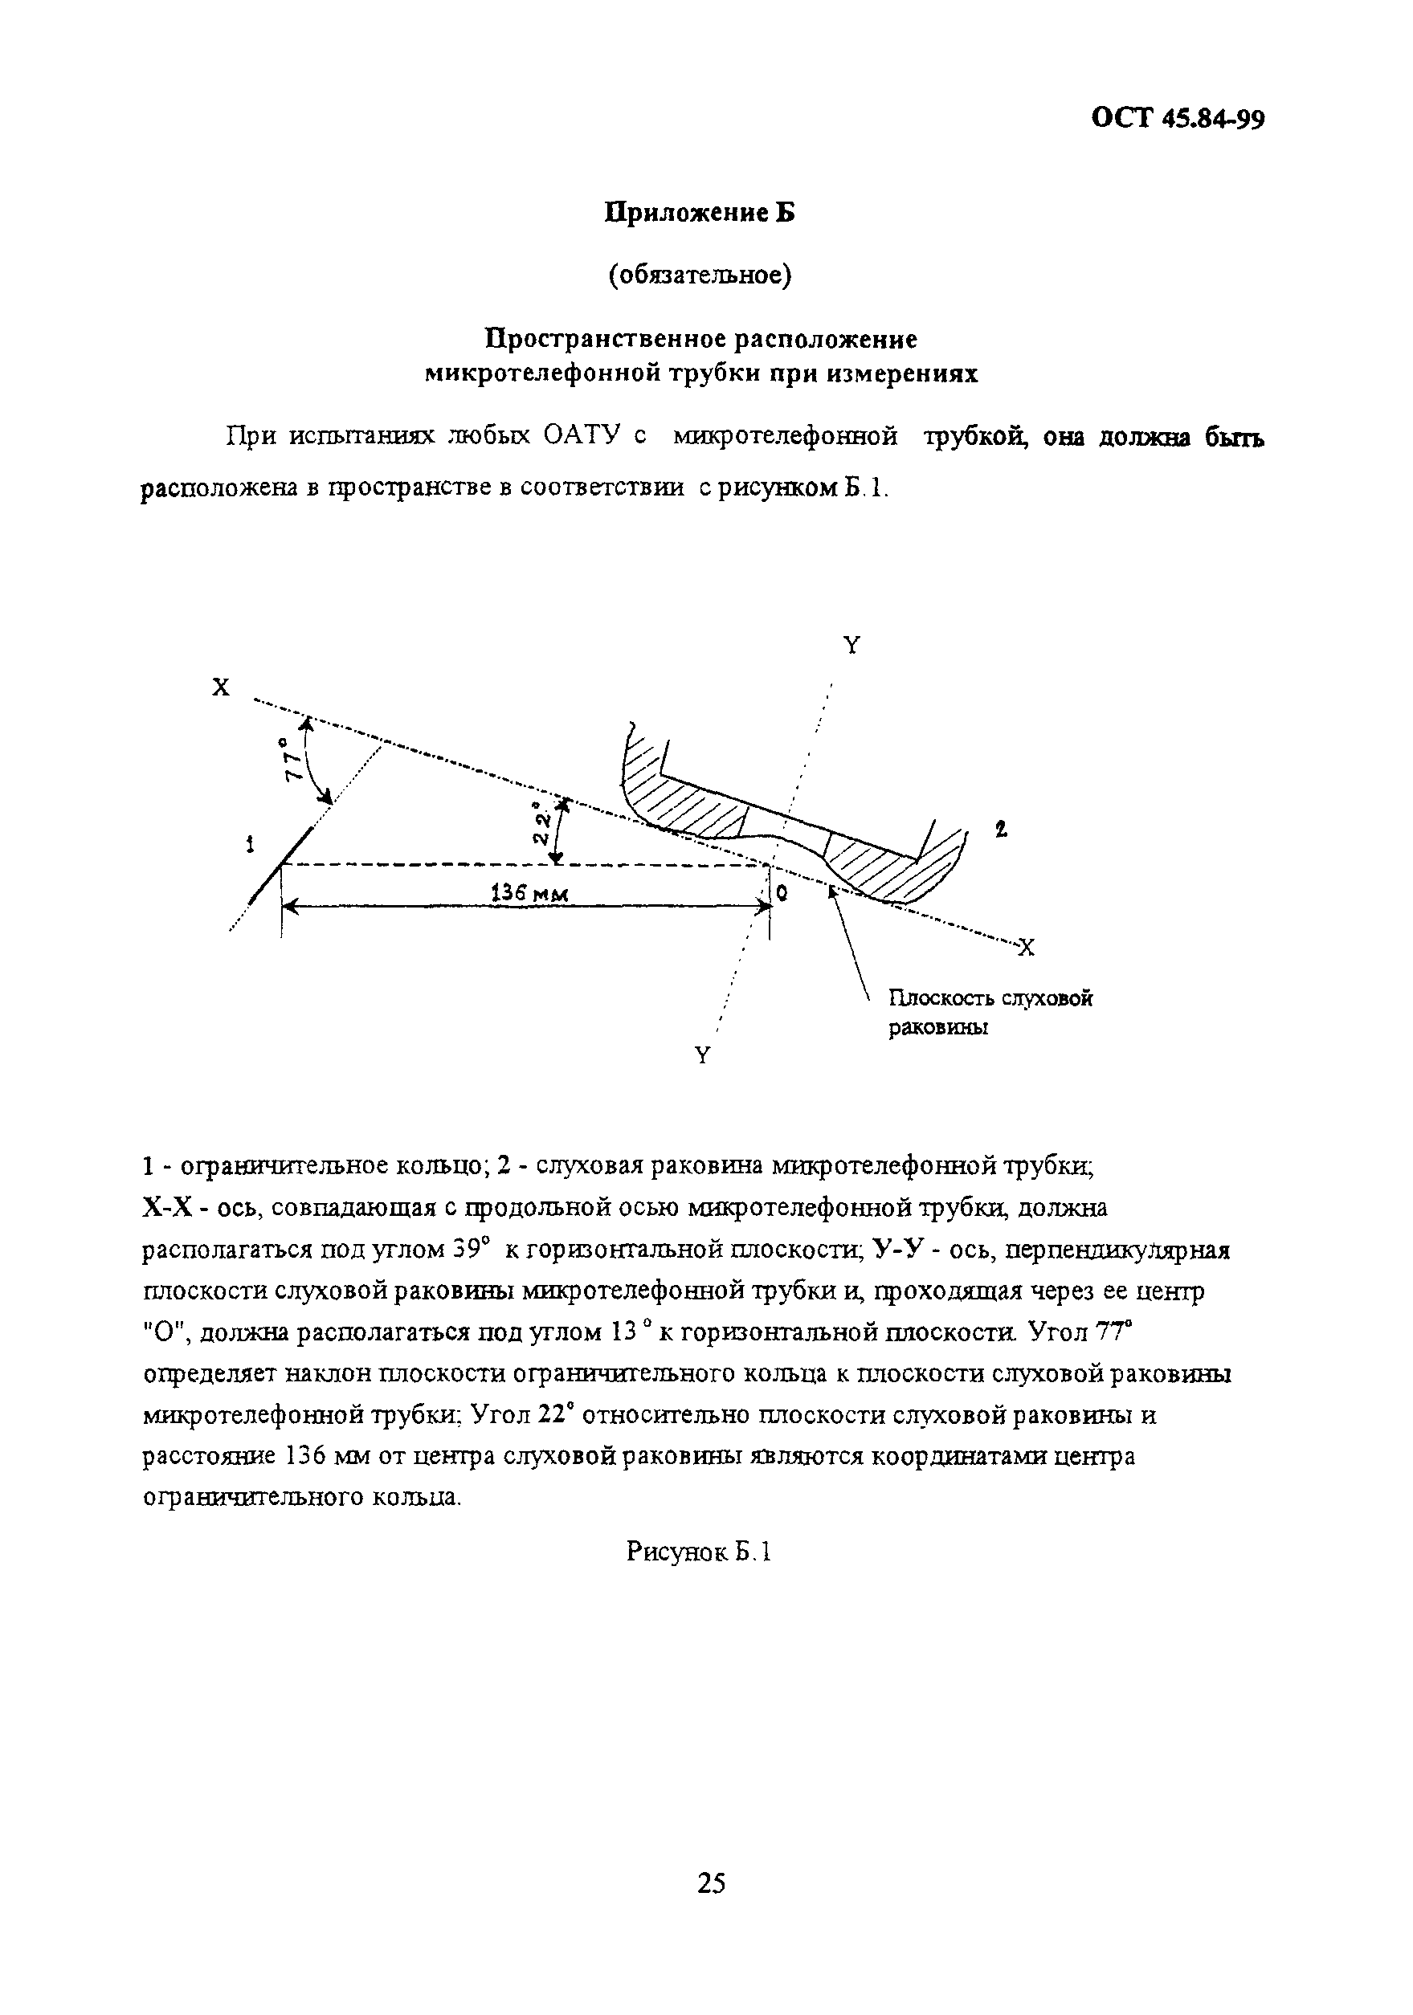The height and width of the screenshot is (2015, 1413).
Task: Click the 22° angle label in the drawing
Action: (544, 822)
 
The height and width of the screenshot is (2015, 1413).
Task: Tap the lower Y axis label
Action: (702, 1056)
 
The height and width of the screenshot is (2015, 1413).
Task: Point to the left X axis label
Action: (220, 688)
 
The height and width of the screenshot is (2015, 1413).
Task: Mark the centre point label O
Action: (781, 892)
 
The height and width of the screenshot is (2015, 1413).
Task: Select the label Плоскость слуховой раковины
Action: (989, 1012)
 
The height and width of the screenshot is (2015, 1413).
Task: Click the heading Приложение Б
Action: (700, 212)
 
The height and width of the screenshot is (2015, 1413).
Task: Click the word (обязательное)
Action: (700, 275)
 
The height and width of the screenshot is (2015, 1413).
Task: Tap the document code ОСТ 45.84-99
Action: (1177, 119)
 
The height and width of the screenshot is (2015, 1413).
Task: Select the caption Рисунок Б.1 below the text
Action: (700, 1552)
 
